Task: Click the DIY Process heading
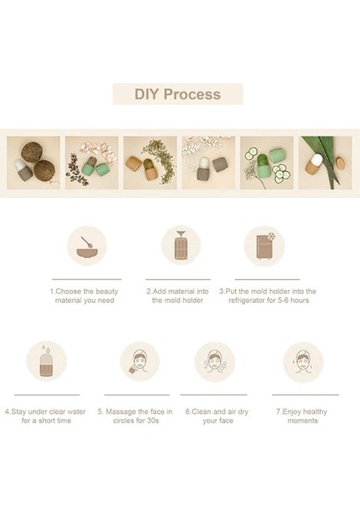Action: tap(177, 94)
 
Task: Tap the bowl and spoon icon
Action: tap(87, 246)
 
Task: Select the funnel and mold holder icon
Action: tap(181, 246)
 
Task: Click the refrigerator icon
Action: tap(264, 246)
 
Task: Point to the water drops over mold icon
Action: tap(46, 361)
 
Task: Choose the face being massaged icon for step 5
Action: tap(140, 361)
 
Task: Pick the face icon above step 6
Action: tap(215, 361)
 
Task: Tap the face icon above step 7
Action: tap(303, 361)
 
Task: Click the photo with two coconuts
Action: tap(33, 163)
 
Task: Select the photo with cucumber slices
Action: tap(267, 163)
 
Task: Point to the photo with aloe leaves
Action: tap(325, 163)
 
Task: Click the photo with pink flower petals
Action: tap(92, 163)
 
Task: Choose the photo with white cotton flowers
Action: tap(208, 163)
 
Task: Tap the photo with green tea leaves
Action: tap(150, 163)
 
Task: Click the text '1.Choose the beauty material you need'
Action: tap(84, 296)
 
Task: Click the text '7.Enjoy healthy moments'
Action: tap(302, 417)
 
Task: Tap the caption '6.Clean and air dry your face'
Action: tap(217, 417)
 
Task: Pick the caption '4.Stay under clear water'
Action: tap(45, 411)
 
